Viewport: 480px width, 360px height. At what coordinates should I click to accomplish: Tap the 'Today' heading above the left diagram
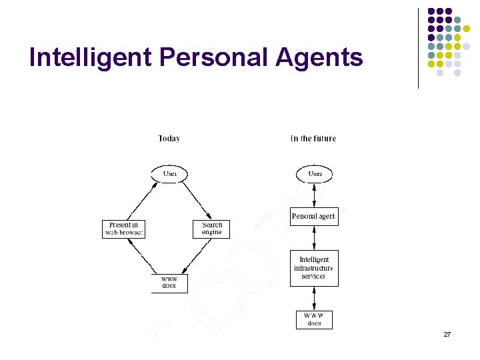(x=169, y=139)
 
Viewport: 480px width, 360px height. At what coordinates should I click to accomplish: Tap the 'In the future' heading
(x=313, y=139)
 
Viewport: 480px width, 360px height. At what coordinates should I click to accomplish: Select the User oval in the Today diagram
(x=170, y=174)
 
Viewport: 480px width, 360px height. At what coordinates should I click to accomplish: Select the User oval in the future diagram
(x=314, y=174)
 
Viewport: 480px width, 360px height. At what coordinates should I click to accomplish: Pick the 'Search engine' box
(x=212, y=229)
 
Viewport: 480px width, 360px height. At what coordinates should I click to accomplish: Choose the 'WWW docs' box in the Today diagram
(x=169, y=283)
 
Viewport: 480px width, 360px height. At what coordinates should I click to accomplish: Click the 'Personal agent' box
(x=314, y=217)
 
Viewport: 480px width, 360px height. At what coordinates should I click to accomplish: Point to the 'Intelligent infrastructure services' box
(x=314, y=268)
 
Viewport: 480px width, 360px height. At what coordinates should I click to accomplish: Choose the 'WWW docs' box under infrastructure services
(x=314, y=319)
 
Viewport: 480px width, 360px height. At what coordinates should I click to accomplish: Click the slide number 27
(x=447, y=334)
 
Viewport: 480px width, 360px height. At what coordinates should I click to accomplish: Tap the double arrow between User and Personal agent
(x=314, y=195)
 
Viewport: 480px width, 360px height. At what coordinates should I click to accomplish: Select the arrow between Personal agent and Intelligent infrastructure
(x=314, y=238)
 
